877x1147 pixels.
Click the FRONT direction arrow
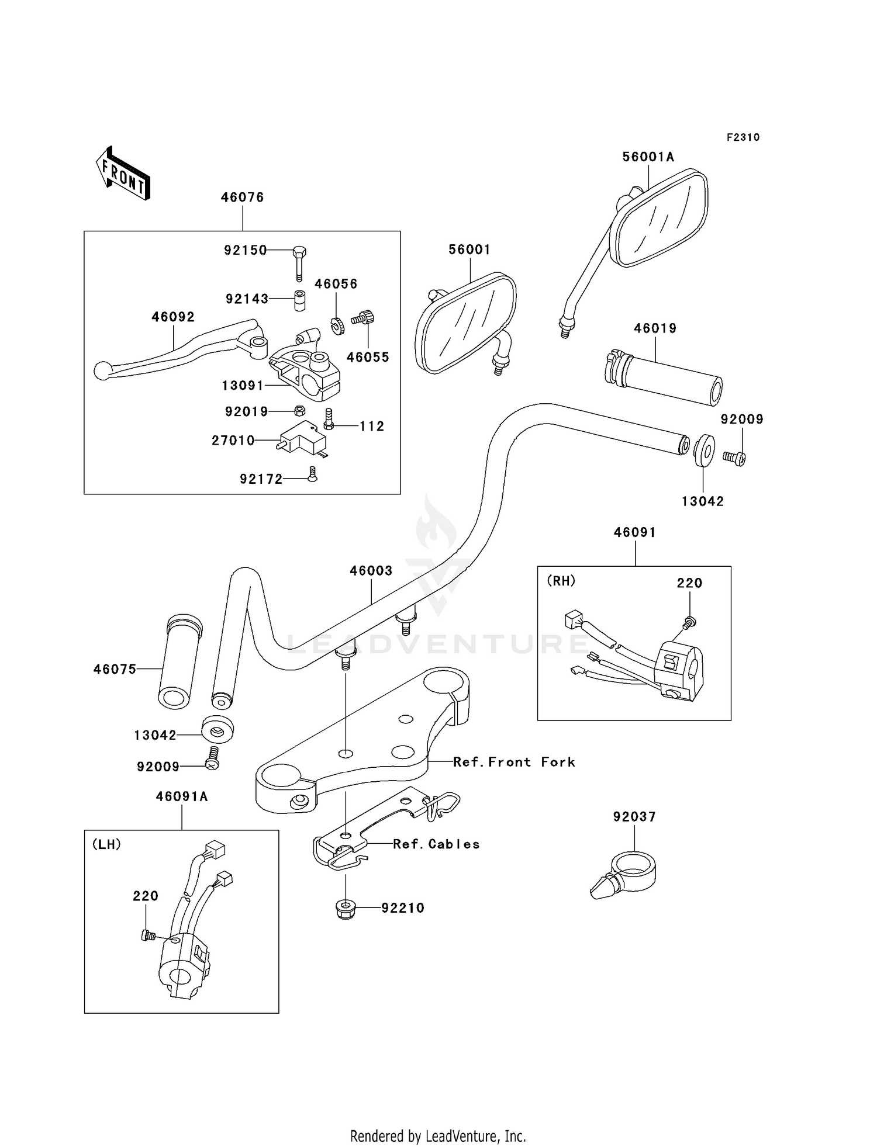coord(123,173)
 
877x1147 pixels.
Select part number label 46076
coord(242,197)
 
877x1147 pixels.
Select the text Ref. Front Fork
coord(514,762)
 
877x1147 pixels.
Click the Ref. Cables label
coord(436,844)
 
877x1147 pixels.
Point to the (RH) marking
coord(561,581)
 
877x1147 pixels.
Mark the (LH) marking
coord(106,844)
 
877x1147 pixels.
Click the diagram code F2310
coord(743,137)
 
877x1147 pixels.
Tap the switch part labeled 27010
coord(302,438)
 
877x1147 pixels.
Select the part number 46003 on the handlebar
coord(371,570)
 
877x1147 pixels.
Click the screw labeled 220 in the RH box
coord(689,623)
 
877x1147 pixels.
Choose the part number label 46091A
coord(181,796)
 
